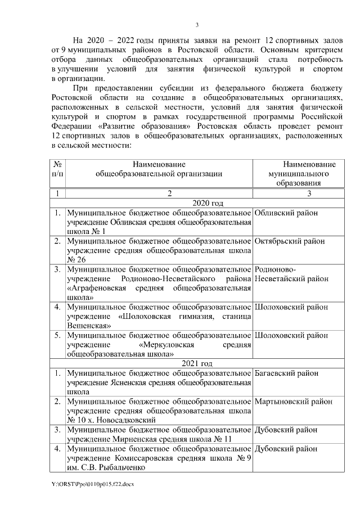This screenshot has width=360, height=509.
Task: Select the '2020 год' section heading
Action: [x=208, y=203]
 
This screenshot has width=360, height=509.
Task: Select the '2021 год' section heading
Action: [x=208, y=363]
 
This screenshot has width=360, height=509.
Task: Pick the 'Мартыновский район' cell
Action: [x=293, y=402]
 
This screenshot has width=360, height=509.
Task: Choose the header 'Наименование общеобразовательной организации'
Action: [x=159, y=169]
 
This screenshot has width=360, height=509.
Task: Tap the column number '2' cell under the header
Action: [x=159, y=193]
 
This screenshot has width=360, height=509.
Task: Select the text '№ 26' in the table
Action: [x=76, y=259]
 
